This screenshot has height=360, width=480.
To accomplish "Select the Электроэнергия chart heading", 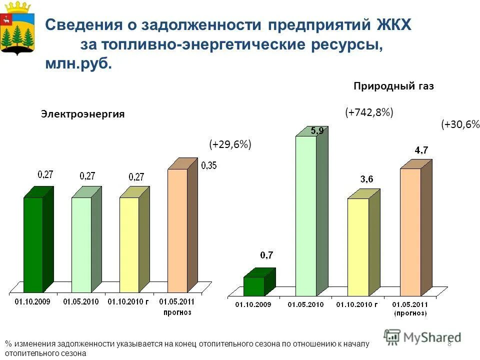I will point(82,114).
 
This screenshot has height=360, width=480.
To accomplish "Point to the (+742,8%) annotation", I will point(369,112).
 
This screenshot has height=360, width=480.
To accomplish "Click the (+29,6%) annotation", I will point(229,144).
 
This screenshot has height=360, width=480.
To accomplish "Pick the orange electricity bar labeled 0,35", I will point(177,230).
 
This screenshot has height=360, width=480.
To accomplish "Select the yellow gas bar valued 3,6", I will point(358,247).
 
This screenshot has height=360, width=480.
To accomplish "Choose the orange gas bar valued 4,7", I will point(410,232).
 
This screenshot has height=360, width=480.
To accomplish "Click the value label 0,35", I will point(208,166).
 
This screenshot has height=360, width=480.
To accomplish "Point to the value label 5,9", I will point(317,131).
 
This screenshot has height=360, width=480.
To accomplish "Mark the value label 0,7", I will point(266,255).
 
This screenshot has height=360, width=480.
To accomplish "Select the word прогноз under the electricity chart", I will point(177,312).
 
